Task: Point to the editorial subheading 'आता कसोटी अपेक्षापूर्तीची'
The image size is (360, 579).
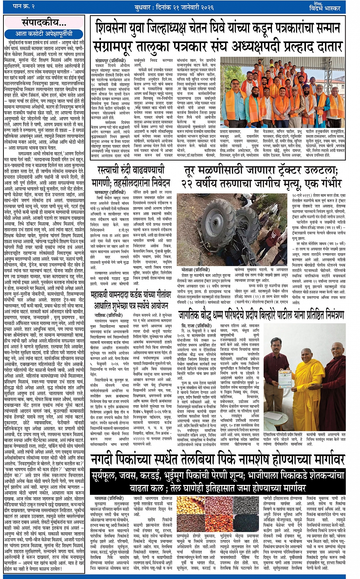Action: click(44, 34)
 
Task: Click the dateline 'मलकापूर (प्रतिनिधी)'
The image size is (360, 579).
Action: click(108, 192)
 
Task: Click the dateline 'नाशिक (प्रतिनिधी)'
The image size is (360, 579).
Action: click(106, 315)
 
